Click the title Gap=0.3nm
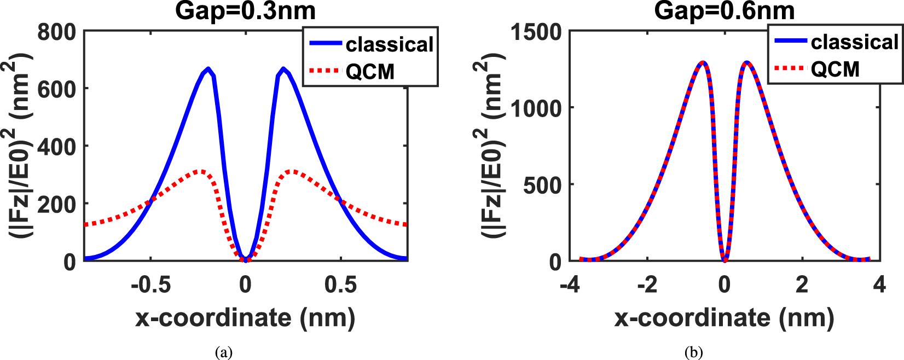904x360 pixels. pyautogui.click(x=245, y=11)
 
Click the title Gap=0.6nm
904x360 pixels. pyautogui.click(x=725, y=11)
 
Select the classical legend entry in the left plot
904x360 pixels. pyautogui.click(x=389, y=45)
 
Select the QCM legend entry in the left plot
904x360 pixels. pyautogui.click(x=370, y=71)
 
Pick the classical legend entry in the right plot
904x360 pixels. pyautogui.click(x=854, y=42)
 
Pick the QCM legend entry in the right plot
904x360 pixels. pyautogui.click(x=835, y=69)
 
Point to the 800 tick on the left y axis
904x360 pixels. pyautogui.click(x=56, y=32)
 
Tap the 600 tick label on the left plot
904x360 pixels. pyautogui.click(x=56, y=89)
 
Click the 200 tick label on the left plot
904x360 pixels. pyautogui.click(x=56, y=204)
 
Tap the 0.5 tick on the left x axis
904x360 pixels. pyautogui.click(x=341, y=284)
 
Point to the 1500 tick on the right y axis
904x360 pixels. pyautogui.click(x=536, y=32)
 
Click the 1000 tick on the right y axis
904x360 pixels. pyautogui.click(x=536, y=108)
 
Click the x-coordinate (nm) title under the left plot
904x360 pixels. pyautogui.click(x=245, y=318)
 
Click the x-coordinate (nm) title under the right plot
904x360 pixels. pyautogui.click(x=724, y=318)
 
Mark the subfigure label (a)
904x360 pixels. pyautogui.click(x=224, y=352)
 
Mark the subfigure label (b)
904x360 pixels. pyautogui.click(x=693, y=352)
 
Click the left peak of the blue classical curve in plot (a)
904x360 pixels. pyautogui.click(x=208, y=69)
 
